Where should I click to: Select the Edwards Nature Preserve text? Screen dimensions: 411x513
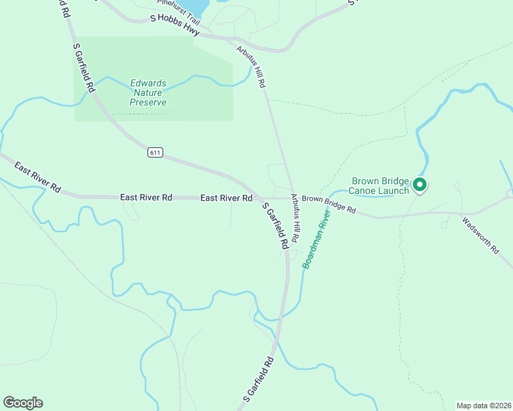148,93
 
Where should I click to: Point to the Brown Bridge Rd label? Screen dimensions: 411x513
329,204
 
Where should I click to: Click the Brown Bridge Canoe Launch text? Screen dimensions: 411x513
379,186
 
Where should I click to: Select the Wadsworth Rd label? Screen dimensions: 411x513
480,236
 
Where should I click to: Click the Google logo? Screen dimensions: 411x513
23,403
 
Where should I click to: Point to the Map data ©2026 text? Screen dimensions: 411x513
484,405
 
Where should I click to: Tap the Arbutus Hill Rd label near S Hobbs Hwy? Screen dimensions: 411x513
251,66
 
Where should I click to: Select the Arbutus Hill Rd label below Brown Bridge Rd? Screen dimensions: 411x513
295,219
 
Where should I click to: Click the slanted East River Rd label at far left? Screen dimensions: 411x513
37,177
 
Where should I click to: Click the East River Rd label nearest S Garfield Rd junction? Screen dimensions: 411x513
226,198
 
